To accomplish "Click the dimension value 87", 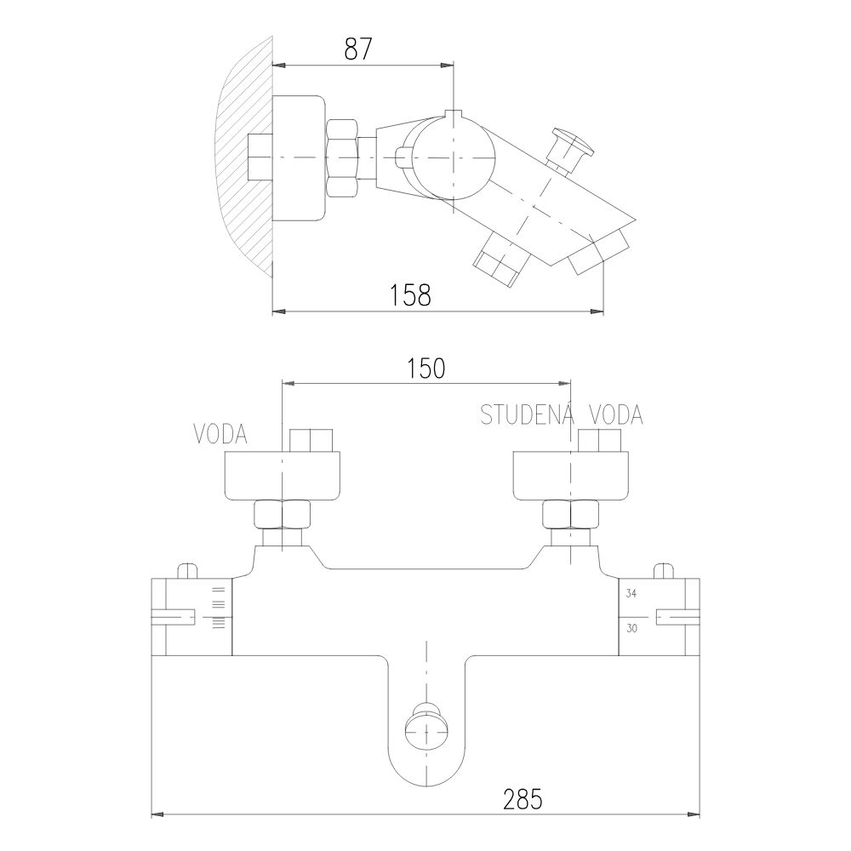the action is (358, 49).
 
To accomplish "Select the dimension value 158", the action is (410, 294).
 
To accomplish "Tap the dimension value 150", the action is (425, 368).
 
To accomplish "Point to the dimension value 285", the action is (523, 799).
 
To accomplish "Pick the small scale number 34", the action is (631, 594).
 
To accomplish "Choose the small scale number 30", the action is (631, 629).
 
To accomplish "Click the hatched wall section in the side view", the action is (244, 157).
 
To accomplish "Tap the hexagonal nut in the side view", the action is (342, 157).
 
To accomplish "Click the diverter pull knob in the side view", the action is (570, 148).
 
